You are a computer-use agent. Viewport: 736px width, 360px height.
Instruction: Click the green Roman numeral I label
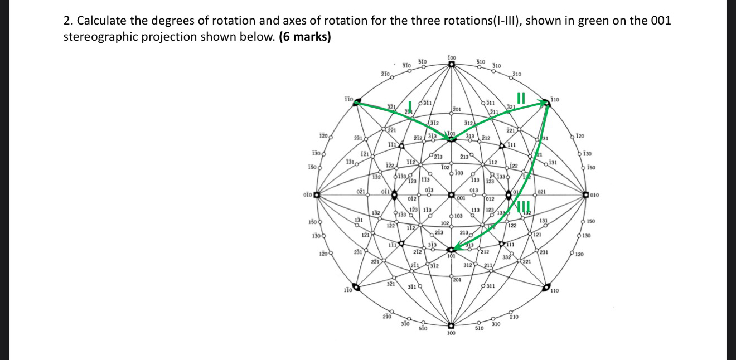point(410,106)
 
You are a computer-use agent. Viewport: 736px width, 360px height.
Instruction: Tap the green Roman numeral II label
point(521,98)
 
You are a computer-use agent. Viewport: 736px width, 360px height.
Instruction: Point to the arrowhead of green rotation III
point(456,248)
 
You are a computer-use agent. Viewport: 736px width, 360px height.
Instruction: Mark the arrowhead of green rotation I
point(447,139)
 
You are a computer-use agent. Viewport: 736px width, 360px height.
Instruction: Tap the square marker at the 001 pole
point(451,195)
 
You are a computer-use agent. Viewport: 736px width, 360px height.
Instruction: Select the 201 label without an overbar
point(457,279)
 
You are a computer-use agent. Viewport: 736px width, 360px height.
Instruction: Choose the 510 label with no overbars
point(478,329)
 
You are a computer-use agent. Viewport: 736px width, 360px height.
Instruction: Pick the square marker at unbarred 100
point(451,325)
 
